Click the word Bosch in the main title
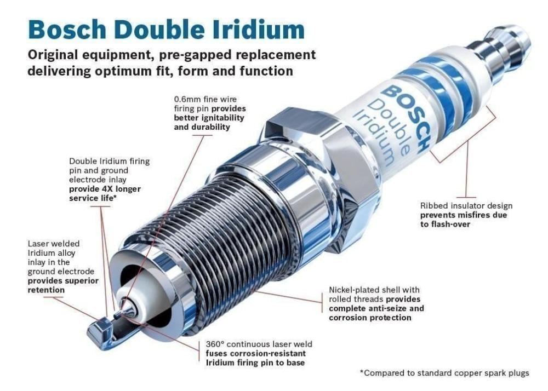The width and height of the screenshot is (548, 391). point(67,30)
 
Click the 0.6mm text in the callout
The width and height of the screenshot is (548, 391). point(187,100)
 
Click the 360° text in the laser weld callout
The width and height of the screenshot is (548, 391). point(215,344)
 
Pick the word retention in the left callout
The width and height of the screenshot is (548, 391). point(46,290)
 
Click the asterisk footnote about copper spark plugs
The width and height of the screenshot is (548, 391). point(444,373)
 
